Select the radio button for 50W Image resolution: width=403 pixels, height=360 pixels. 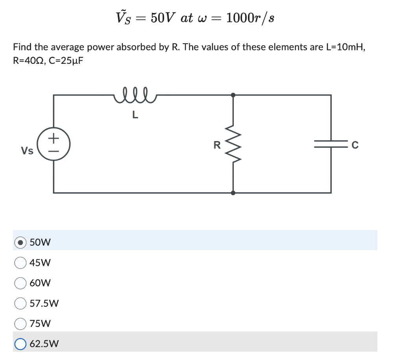point(20,242)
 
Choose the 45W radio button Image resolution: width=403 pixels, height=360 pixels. point(20,262)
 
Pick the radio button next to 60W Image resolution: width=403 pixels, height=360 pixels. point(20,283)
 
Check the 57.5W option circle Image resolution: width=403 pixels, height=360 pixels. point(20,303)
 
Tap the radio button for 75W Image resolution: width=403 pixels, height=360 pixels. point(20,324)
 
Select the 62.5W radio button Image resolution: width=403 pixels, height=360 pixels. point(20,344)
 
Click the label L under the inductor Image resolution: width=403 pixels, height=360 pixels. point(135,115)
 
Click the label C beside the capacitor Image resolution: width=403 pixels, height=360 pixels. point(355,145)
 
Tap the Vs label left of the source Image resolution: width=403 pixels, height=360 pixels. point(27,151)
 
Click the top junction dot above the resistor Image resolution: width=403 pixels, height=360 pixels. point(233,95)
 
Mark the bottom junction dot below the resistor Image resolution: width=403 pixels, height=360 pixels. point(233,193)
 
